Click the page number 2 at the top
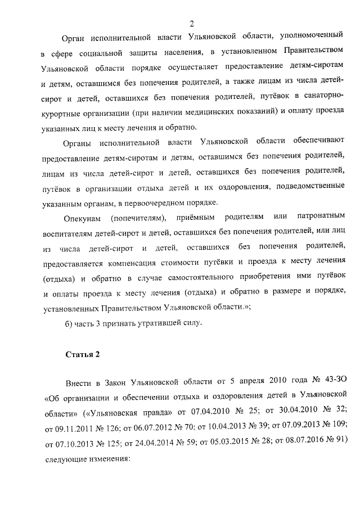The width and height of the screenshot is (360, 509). tap(192, 24)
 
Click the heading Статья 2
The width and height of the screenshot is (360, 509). tap(82, 354)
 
